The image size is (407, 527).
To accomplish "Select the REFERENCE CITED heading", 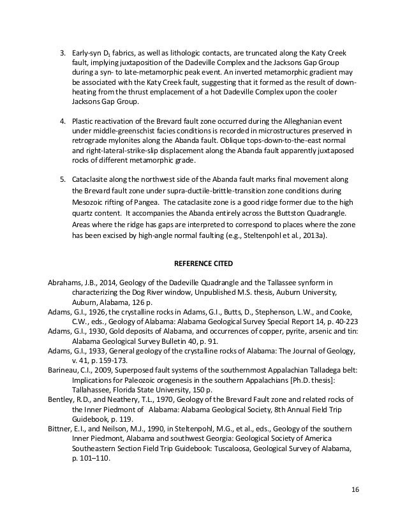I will point(204,262).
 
